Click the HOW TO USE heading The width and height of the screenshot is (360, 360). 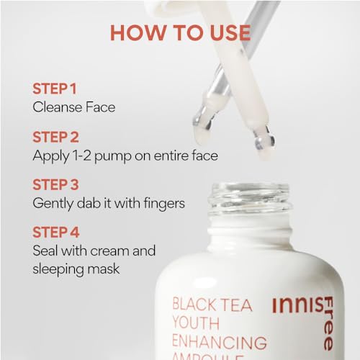(181, 32)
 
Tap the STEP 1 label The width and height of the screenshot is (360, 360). (55, 89)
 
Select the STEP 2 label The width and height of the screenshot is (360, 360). (55, 137)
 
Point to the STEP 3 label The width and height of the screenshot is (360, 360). (55, 185)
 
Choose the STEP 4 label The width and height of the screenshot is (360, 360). (56, 233)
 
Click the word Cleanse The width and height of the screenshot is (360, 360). (58, 107)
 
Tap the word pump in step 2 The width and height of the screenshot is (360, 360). (113, 156)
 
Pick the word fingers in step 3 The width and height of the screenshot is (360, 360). (164, 204)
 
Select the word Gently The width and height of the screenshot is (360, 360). (53, 204)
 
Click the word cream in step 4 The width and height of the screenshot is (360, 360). (110, 251)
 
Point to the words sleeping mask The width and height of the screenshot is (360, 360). (76, 269)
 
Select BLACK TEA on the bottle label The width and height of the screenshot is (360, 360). (212, 305)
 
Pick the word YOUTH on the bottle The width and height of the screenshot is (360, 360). (196, 323)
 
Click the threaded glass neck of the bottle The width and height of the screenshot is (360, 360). (250, 199)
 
